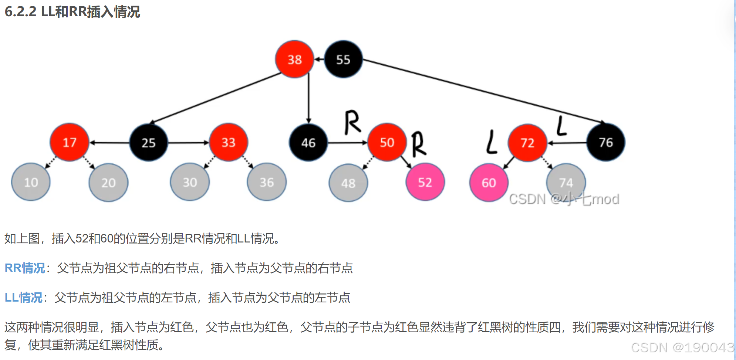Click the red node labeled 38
coord(294,59)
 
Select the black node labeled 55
coord(343,59)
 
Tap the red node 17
coord(70,142)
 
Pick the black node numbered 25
coord(148,143)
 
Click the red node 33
coord(228,142)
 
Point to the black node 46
coord(308,143)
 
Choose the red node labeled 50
coord(387,142)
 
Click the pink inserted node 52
coord(425,182)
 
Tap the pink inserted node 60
coord(489,183)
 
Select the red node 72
coord(527,143)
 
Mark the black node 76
coord(606,142)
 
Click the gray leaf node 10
coord(31,182)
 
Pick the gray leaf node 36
coord(267,182)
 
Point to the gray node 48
coord(348,183)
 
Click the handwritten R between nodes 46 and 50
coord(352,122)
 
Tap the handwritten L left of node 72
coord(491,142)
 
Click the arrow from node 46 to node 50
coord(347,143)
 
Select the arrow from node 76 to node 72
coord(567,143)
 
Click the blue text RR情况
coord(25,268)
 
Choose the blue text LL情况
coord(23,298)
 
